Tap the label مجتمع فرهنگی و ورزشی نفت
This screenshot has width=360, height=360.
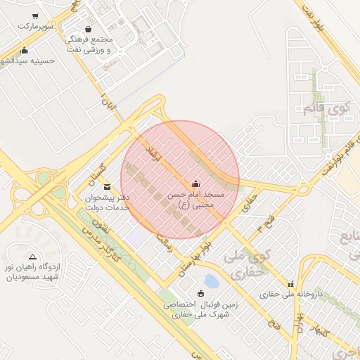click(x=87, y=45)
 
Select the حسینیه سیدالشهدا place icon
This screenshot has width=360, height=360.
click(x=25, y=50)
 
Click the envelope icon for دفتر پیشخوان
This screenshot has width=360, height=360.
click(x=107, y=187)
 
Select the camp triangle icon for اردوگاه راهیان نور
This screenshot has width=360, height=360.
click(x=32, y=257)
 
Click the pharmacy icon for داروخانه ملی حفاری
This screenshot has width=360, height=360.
click(x=290, y=284)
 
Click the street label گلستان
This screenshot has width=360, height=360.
click(x=103, y=168)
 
